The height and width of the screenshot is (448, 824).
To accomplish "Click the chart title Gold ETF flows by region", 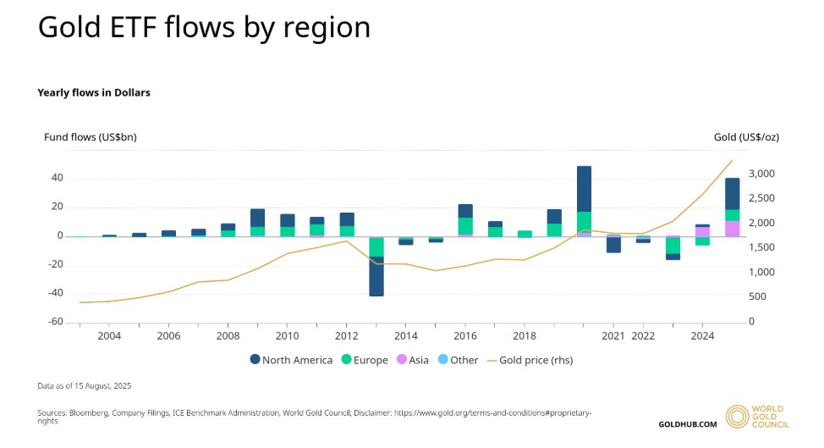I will (x=204, y=27).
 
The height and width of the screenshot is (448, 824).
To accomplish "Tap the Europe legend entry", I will (x=364, y=360).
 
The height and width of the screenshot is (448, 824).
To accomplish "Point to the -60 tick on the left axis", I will (x=53, y=322).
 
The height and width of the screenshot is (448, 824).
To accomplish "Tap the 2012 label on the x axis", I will (x=346, y=336).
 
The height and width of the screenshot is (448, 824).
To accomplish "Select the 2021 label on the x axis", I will (x=613, y=336).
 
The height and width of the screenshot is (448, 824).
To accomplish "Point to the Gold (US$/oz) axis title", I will (x=745, y=136).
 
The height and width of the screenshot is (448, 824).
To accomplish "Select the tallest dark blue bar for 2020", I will (x=584, y=189).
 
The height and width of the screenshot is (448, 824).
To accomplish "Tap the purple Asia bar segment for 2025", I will (x=732, y=229).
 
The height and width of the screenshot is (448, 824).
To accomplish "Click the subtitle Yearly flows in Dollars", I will (x=94, y=92).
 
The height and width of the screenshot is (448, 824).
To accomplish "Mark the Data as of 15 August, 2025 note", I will (x=84, y=385).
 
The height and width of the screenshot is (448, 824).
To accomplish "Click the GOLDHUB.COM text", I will (x=687, y=423).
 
